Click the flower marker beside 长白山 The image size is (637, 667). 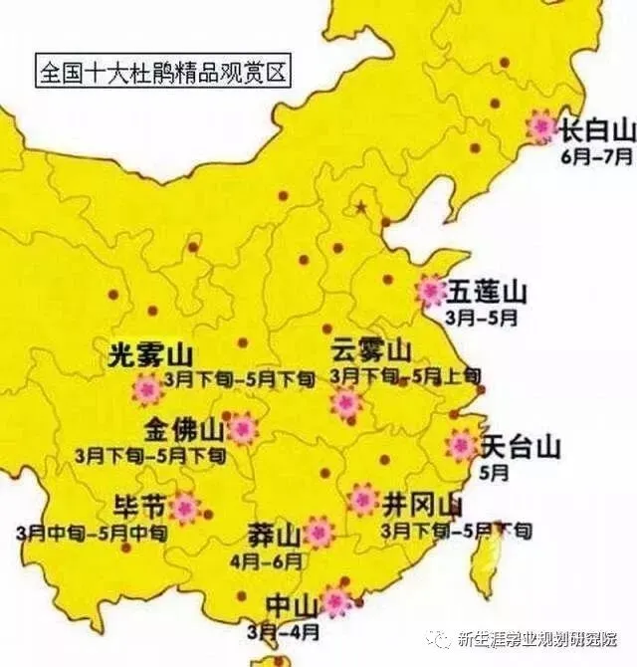pos(541,125)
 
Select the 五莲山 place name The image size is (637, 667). pos(487,292)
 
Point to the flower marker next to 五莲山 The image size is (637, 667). pos(431,291)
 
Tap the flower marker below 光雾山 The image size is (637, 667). pos(147,389)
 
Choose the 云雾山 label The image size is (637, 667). pos(370,350)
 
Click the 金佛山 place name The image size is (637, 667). pos(184,430)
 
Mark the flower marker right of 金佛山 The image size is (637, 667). pos(241,430)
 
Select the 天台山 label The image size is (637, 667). pos(520,446)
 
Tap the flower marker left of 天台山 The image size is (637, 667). pos(461,444)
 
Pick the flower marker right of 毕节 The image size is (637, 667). pos(184,508)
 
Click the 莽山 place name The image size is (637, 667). pos(274,537)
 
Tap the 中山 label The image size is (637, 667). pos(292,604)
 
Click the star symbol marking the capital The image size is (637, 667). pos(360,207)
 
